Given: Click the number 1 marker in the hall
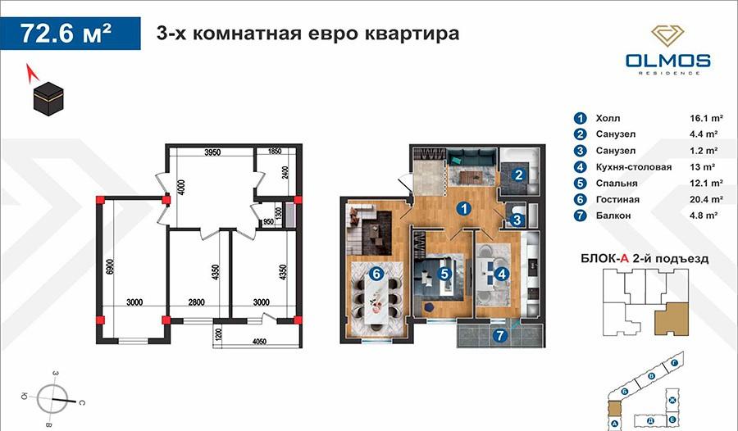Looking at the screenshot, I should click(x=464, y=208).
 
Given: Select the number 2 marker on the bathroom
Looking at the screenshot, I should click(x=518, y=174).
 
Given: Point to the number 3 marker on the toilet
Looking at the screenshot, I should click(x=517, y=219).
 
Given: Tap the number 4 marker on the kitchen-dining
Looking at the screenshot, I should click(x=500, y=274).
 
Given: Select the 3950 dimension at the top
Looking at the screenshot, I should click(x=212, y=152).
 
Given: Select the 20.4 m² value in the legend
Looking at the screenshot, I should click(x=705, y=199).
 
